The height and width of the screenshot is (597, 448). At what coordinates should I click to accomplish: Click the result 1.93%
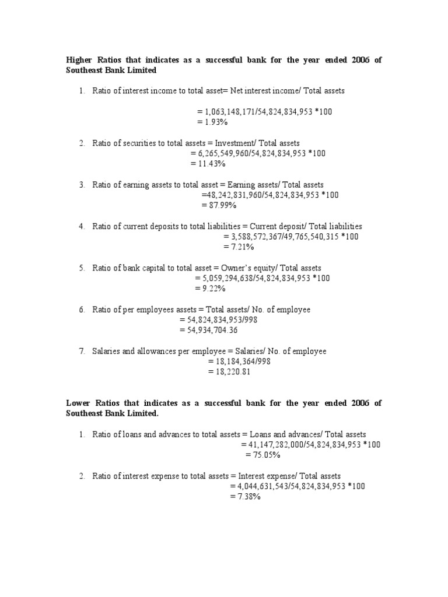[x=213, y=122]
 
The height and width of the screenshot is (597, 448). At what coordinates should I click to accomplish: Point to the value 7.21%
[x=241, y=247]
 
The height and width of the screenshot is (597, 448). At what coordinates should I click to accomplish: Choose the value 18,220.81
[x=232, y=372]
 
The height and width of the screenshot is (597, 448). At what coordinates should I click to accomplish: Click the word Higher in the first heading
[x=79, y=60]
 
